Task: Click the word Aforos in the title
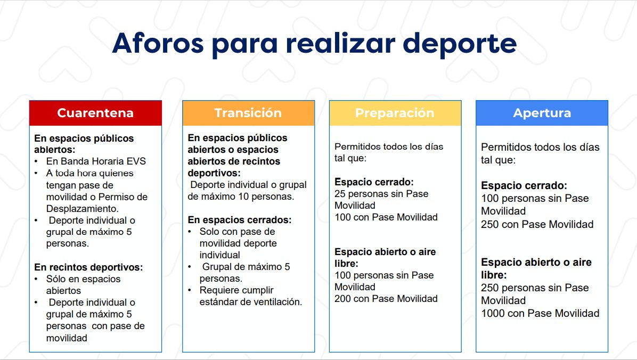point(158,43)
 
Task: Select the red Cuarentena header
point(95,113)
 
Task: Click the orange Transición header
point(248,113)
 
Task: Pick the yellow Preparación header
point(395,113)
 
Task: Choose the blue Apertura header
point(542,113)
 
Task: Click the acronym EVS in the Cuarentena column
point(136,161)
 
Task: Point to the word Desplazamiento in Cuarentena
point(82,209)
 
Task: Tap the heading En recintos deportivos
point(88,267)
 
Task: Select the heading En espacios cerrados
point(240,220)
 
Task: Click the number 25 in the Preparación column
point(340,194)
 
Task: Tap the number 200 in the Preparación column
point(342,299)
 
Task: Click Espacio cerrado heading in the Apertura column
point(524,186)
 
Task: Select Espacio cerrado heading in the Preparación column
point(374,182)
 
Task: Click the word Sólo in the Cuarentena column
point(55,279)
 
